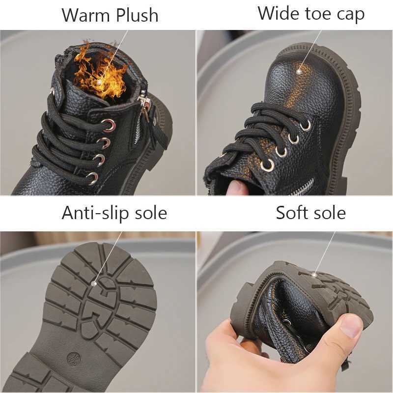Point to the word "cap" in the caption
click(350, 14)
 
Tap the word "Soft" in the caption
click(292, 213)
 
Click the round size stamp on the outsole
click(72, 358)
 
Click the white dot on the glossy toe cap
click(299, 71)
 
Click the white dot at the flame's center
click(101, 82)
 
